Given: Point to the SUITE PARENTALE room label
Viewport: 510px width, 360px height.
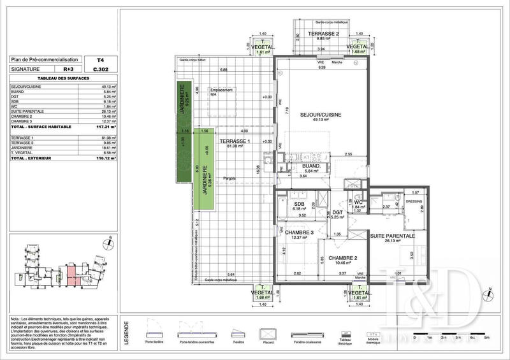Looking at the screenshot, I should click(393, 236).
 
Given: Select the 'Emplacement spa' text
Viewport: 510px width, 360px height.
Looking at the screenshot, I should click(222, 91).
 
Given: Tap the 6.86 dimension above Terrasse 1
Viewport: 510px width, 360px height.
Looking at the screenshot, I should click(224, 69).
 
